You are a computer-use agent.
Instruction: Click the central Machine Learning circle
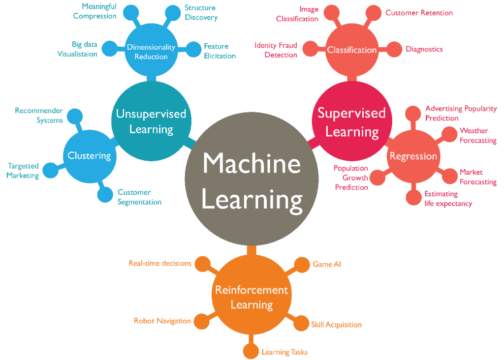pos(252,180)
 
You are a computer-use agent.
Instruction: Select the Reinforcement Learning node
pos(252,297)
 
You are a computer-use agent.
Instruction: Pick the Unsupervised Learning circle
pos(151,121)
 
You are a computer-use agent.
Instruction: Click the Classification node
pos(351,50)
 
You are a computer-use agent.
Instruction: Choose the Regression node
pos(413,156)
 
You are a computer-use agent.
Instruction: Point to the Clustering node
pos(89,156)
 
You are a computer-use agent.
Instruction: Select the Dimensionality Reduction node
pos(151,52)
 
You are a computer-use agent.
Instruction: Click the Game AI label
pos(327,264)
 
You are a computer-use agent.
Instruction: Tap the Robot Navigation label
pos(162,321)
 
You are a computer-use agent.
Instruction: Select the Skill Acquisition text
pos(336,325)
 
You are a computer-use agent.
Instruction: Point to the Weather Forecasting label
pos(478,135)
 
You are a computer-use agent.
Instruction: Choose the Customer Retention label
pos(419,13)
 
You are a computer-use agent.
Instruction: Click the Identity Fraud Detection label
pos(276,50)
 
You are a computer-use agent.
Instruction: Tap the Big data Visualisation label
pos(77,49)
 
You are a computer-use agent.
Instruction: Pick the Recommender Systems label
pos(39,115)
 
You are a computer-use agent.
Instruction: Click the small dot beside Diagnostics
pos(394,49)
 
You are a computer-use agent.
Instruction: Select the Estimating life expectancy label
pos(448,199)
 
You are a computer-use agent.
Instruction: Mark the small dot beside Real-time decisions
pos(202,264)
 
